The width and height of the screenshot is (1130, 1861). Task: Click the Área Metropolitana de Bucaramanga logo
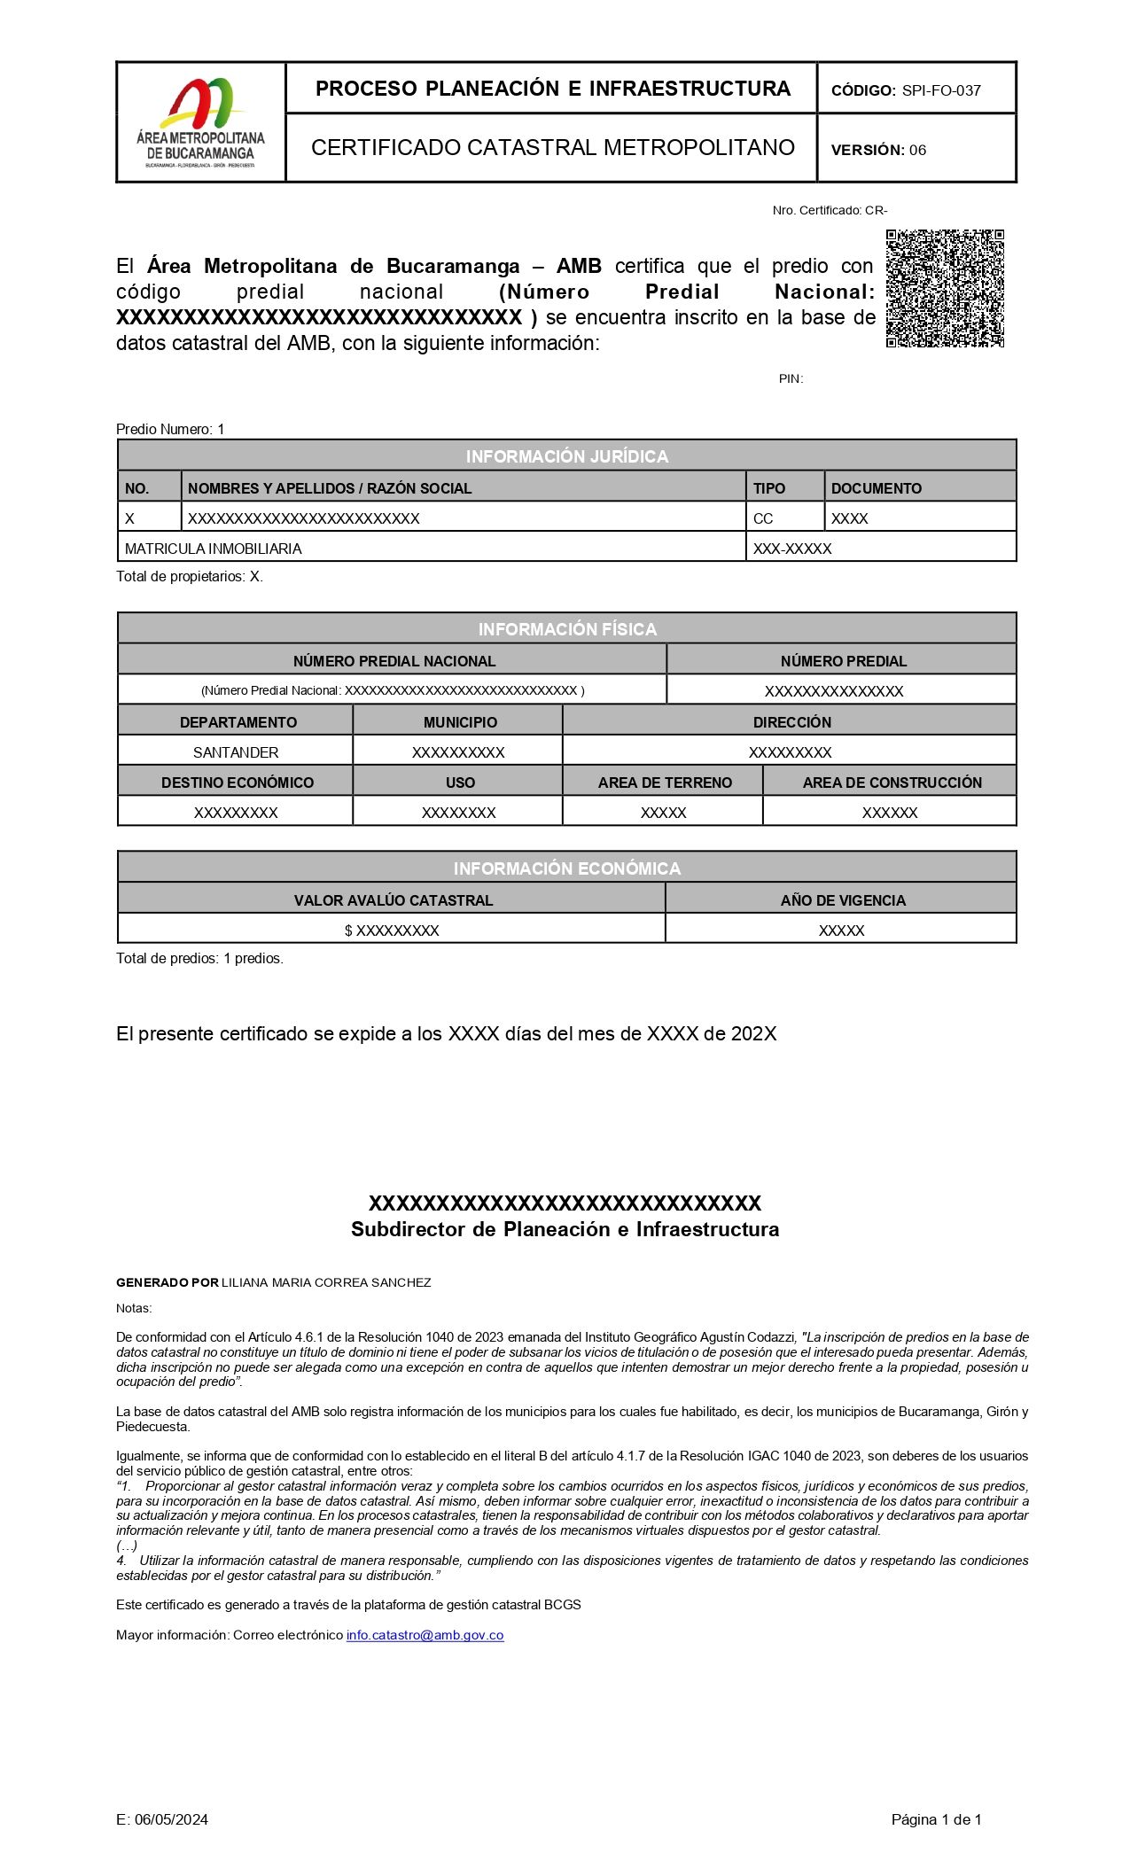tap(200, 122)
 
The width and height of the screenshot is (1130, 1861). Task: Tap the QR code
tap(945, 288)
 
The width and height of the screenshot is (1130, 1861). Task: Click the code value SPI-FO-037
tap(941, 90)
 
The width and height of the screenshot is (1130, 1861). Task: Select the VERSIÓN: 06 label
tap(877, 150)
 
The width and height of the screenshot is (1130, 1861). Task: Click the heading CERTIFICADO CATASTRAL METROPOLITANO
tap(552, 148)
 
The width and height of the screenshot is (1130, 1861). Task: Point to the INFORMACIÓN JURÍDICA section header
tap(566, 456)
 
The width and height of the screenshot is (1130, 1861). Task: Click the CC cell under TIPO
tap(762, 518)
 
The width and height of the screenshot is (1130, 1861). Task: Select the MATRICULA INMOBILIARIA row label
tap(213, 549)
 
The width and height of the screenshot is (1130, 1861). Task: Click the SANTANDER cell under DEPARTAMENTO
tap(236, 752)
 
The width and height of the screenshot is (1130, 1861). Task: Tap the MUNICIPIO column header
tap(459, 722)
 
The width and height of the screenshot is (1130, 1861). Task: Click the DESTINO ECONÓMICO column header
tap(237, 783)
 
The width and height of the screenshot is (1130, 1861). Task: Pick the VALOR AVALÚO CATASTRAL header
tap(393, 900)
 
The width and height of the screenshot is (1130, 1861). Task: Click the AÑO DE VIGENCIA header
tap(842, 900)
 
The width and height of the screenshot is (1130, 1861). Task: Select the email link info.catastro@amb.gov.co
tap(425, 1635)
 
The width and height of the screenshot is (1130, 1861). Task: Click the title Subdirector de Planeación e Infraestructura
tap(565, 1229)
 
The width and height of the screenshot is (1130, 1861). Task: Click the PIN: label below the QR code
tap(791, 378)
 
